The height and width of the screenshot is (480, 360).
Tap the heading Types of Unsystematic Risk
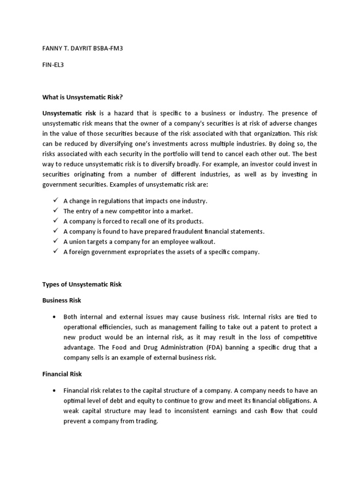(x=82, y=285)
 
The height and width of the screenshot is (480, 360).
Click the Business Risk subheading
(x=62, y=300)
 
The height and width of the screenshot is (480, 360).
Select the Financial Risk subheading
(x=62, y=374)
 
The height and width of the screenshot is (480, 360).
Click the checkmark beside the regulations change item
(x=55, y=201)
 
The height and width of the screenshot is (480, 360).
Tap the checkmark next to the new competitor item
(x=55, y=211)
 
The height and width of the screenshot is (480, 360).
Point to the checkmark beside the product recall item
(x=55, y=221)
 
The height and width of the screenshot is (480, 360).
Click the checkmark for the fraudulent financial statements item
(x=55, y=232)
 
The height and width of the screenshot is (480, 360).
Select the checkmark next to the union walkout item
(x=55, y=242)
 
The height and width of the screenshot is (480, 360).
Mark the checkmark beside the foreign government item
(x=55, y=252)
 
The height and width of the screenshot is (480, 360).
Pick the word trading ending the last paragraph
(x=146, y=421)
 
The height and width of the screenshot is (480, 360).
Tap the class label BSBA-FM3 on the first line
(x=107, y=48)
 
